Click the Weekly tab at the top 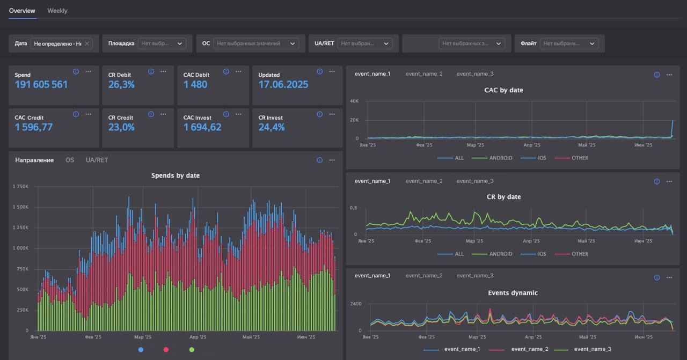57,11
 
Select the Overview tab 22,11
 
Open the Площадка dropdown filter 162,43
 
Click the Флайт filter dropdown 569,43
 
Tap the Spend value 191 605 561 41,85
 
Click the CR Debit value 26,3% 121,85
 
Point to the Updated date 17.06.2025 284,85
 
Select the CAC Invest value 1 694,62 202,128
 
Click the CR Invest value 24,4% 272,128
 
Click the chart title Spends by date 176,175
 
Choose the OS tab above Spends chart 70,160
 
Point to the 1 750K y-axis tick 20,186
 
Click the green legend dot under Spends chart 192,350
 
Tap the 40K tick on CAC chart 354,101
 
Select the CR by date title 503,197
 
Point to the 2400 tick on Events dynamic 355,304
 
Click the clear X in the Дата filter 87,43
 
